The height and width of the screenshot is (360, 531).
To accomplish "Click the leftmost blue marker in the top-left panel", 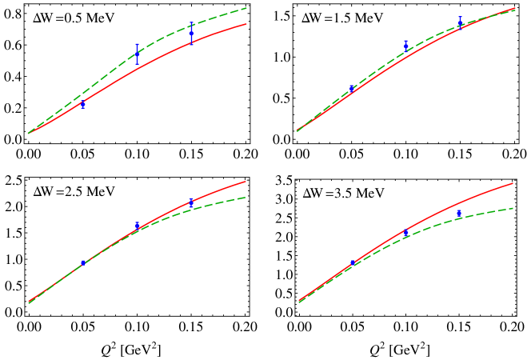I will [82, 104].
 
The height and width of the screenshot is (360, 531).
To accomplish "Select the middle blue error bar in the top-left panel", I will [137, 54].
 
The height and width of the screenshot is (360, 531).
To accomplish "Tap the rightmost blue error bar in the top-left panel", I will [191, 34].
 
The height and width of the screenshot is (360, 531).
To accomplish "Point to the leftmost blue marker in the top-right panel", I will [351, 89].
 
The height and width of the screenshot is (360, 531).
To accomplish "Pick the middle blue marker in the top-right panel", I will [405, 46].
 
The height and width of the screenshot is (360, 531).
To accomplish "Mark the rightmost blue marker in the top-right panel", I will [460, 21].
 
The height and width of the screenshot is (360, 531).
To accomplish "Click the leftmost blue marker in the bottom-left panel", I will [82, 262].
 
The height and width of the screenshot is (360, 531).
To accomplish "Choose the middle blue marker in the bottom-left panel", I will [137, 226].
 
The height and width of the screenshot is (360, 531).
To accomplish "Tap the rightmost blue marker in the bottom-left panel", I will [191, 203].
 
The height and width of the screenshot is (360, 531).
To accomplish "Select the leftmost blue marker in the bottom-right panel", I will [353, 262].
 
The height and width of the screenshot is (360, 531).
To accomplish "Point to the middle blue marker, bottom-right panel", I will [406, 232].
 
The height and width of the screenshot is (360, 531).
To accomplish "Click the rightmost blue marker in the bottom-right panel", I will [459, 214].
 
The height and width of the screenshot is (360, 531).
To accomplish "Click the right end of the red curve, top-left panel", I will [246, 24].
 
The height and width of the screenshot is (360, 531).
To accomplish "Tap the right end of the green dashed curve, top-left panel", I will [246, 8].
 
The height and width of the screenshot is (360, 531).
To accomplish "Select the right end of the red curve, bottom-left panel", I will [246, 181].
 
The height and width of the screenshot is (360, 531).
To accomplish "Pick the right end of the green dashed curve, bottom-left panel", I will [246, 197].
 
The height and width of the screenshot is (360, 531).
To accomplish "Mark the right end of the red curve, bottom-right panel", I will [513, 182].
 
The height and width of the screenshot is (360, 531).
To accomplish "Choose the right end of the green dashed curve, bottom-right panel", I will [513, 208].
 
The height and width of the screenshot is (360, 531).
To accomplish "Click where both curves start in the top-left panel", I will [28, 133].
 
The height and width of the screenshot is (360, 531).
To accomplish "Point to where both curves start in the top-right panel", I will [297, 130].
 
